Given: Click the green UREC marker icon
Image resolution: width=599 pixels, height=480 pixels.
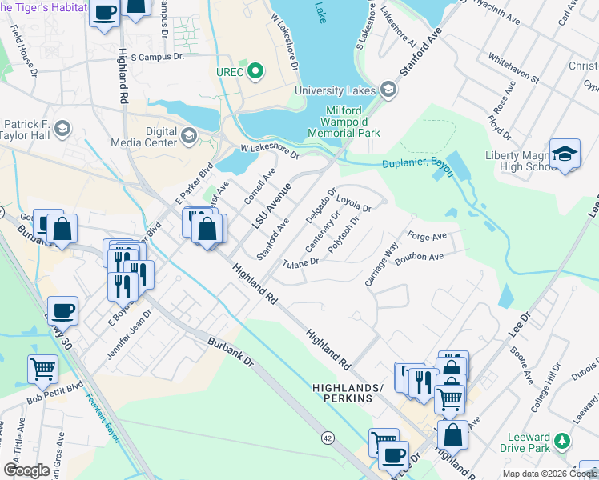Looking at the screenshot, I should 255,72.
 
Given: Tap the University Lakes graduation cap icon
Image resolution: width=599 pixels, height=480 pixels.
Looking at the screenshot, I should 389,90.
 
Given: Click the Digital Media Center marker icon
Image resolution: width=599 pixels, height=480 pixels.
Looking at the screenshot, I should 189,134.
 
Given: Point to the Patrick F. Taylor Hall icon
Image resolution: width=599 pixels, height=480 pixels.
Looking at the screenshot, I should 63,127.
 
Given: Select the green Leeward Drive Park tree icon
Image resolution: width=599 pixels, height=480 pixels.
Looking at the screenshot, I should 563,440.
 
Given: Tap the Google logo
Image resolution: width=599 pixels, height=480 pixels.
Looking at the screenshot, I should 26,470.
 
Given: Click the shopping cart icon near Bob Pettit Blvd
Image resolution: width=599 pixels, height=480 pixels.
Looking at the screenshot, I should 42,370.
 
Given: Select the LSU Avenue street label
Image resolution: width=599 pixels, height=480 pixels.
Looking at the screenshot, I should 271,205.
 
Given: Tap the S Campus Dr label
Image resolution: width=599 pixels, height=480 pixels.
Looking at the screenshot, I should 157,58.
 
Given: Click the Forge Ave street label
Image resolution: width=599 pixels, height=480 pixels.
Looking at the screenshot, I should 426,237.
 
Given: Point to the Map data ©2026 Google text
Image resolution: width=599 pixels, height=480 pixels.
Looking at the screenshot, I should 549,474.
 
